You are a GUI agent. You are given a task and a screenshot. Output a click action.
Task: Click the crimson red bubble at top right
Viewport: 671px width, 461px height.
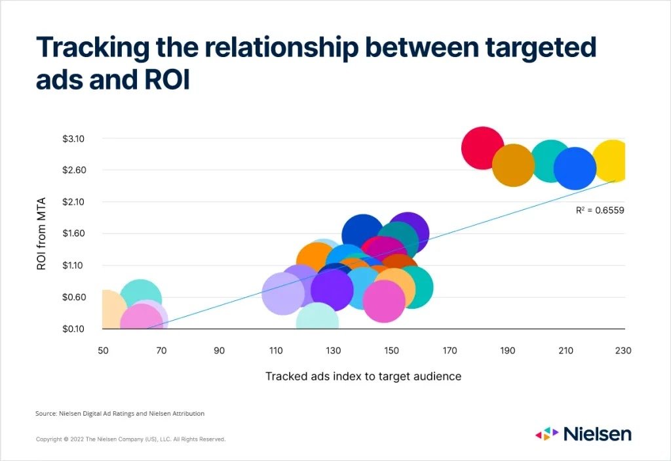pos(482,148)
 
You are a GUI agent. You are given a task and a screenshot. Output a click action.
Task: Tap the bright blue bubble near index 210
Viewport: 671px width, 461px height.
pos(575,169)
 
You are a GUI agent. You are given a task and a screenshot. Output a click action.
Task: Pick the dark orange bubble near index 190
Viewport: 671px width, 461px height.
pos(513,165)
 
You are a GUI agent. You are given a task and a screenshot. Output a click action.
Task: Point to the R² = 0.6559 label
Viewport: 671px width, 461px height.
pos(595,210)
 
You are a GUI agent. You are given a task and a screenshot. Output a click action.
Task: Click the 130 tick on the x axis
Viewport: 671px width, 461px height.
pos(334,351)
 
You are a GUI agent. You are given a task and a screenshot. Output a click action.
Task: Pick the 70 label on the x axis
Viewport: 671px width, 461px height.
pos(161,351)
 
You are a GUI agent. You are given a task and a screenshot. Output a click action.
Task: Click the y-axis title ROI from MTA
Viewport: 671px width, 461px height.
pos(42,234)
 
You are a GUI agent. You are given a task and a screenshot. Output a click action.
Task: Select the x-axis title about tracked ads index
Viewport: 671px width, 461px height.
pos(363,376)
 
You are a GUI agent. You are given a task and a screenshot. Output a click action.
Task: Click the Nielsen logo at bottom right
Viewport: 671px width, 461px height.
pos(583,433)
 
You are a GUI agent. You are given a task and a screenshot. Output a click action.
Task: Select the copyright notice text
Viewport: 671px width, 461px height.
pos(130,439)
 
